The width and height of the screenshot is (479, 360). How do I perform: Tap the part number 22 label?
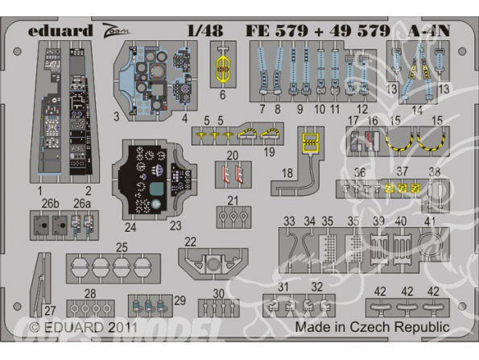(190, 241)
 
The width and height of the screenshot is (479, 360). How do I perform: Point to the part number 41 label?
(431, 221)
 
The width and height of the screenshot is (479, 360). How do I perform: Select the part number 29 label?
(180, 300)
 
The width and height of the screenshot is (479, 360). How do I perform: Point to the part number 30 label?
(218, 294)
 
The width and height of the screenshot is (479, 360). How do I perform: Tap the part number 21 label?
(233, 201)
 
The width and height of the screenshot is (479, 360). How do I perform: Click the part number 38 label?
(435, 172)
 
